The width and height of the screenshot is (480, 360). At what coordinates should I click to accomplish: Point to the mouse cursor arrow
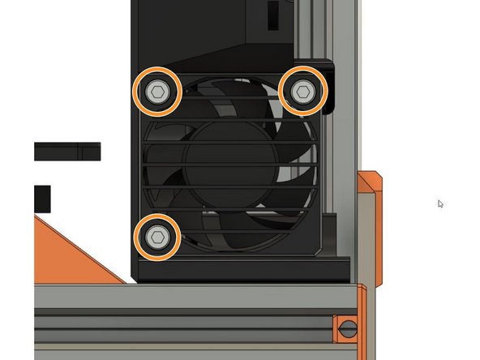click(x=440, y=204)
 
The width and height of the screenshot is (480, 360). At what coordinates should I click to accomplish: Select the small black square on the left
click(x=42, y=196)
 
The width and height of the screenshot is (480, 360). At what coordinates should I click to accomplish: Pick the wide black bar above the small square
click(x=66, y=151)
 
